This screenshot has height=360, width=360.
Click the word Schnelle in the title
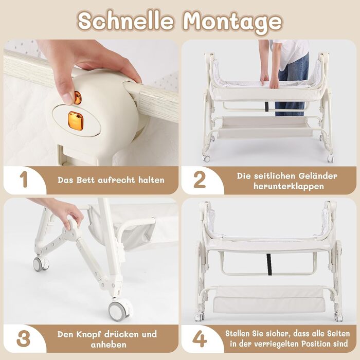point(125,21)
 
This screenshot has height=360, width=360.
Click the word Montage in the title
point(232,22)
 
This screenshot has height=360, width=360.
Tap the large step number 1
point(24,179)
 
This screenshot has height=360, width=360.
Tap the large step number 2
point(200,179)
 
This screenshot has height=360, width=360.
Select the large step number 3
point(23,339)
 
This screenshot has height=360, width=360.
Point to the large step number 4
point(200,339)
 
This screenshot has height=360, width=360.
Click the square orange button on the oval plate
point(75,120)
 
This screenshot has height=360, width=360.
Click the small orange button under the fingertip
point(78,98)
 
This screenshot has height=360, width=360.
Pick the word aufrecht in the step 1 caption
point(116,180)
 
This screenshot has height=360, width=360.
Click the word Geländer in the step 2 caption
point(318,176)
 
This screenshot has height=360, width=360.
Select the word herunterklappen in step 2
point(289,186)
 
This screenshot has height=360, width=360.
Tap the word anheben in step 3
point(109,345)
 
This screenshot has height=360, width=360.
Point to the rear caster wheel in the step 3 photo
point(41,264)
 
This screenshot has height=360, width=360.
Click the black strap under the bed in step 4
point(269,264)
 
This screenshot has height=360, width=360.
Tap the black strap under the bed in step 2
point(266,106)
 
